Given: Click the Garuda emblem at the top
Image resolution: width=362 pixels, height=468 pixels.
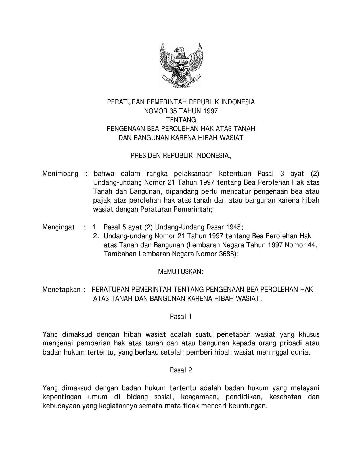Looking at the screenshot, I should (x=181, y=66).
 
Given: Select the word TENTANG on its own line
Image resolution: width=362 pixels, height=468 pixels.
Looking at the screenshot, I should (x=181, y=120).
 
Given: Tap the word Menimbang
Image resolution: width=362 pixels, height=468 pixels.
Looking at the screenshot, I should (x=60, y=174).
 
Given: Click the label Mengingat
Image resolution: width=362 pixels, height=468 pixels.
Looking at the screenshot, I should (x=58, y=227).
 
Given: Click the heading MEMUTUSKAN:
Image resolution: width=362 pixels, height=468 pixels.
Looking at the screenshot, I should (x=181, y=272).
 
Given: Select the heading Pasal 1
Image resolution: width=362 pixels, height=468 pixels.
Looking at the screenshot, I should (x=181, y=316).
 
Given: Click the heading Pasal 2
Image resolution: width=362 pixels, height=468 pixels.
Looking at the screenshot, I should (x=181, y=370).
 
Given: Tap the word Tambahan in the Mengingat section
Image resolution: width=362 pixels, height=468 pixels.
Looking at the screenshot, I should (x=120, y=254).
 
